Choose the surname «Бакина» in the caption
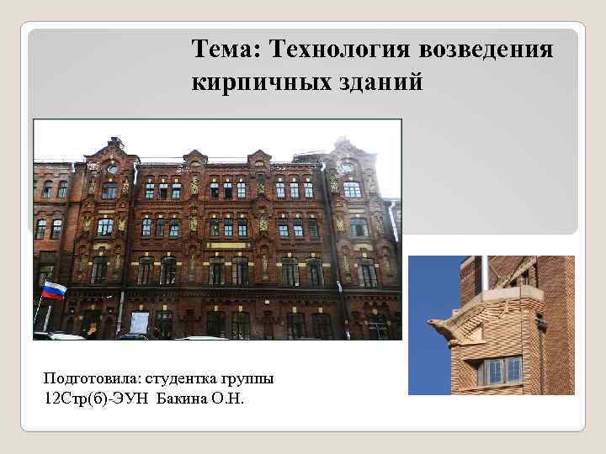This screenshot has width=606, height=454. pos(185,397)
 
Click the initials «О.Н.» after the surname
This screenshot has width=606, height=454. pos(230,397)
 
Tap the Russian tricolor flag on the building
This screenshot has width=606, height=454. pos(54,290)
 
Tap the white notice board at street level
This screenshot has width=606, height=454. pos(140,322)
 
